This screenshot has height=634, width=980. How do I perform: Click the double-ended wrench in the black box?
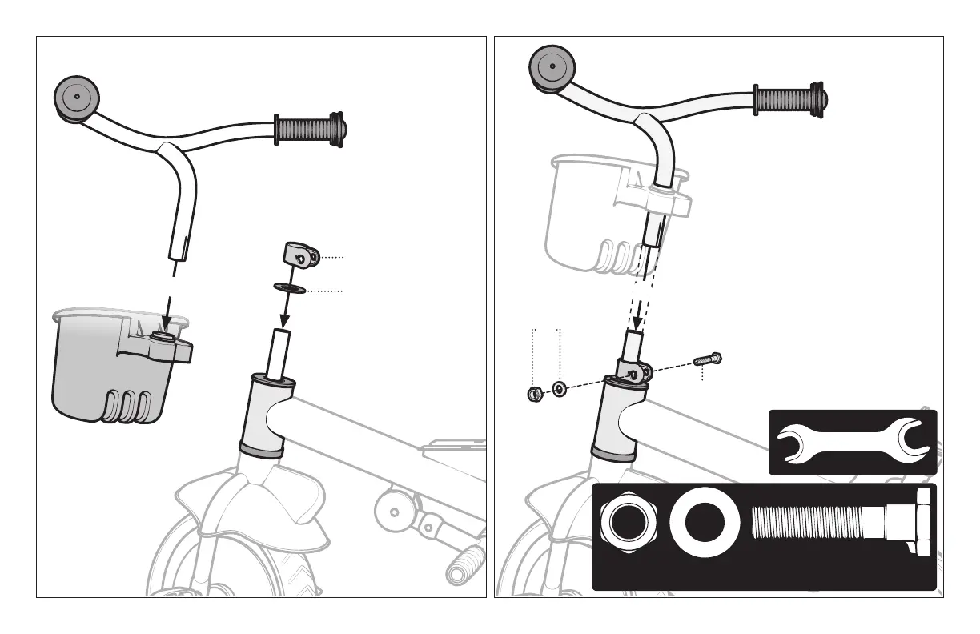coord(852,443)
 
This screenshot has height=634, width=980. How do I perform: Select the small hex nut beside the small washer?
coord(532,393)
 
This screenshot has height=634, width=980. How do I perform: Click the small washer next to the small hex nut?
coord(559,389)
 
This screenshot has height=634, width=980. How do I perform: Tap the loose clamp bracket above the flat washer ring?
coord(300,256)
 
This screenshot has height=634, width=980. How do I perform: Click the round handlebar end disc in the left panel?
coord(77,97)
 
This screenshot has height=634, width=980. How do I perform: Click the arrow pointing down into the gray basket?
coord(166,311)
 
